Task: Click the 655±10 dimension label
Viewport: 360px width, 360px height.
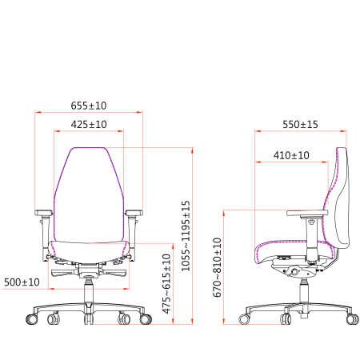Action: (89, 106)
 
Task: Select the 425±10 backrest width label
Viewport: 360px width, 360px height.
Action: (89, 124)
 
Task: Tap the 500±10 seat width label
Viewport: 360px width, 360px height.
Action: (22, 282)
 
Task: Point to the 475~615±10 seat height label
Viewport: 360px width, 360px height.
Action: (166, 284)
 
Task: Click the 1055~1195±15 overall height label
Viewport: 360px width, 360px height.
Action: (186, 236)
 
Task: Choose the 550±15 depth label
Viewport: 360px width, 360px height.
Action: (300, 124)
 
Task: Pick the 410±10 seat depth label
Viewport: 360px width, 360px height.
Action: (291, 155)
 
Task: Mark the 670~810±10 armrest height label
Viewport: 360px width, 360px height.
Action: (217, 267)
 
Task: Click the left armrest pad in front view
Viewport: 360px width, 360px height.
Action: (43, 213)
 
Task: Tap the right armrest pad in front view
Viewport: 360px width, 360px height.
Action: (134, 213)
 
